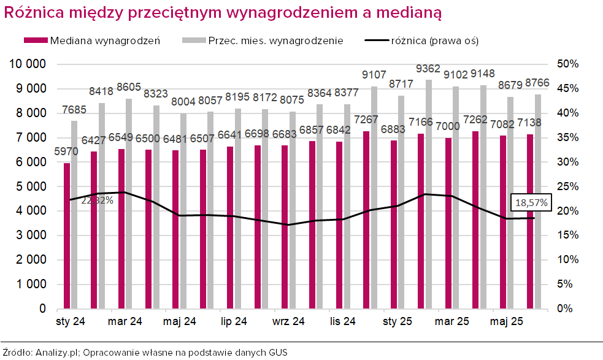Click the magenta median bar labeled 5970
tap(67, 236)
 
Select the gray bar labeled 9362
tap(428, 194)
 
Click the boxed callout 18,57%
tap(531, 202)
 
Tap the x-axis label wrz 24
tap(288, 321)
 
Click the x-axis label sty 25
tap(397, 321)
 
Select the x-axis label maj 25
tap(507, 321)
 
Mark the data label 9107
tap(374, 75)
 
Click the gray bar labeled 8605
tap(128, 203)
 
